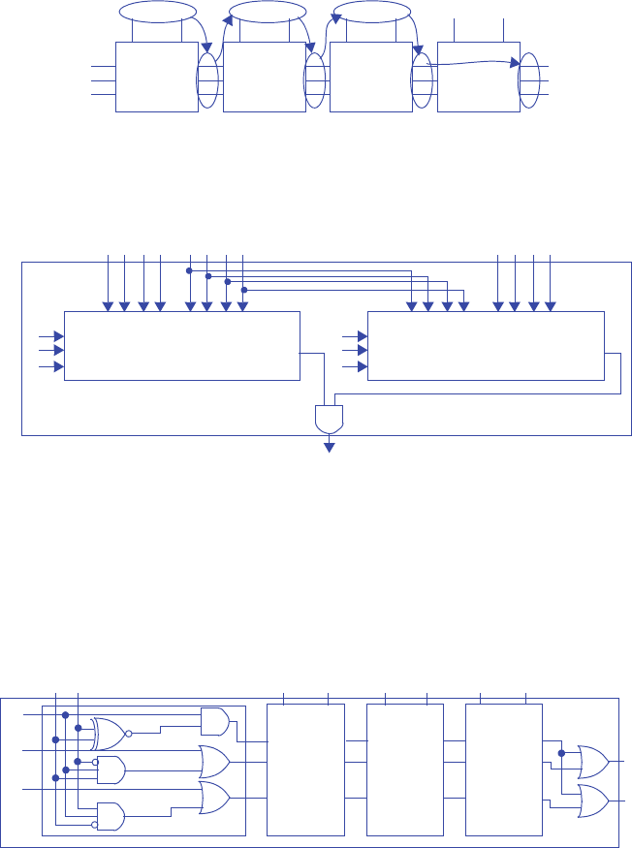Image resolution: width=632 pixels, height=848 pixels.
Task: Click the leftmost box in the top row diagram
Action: point(156,77)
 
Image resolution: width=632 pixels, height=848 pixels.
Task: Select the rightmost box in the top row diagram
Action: point(478,77)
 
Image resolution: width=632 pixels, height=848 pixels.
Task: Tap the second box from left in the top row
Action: point(264,77)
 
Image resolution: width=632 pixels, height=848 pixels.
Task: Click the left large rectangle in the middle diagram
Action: point(182,346)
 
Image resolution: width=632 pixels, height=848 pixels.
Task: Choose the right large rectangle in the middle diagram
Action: point(486,346)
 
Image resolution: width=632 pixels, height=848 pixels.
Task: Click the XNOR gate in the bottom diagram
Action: point(109,734)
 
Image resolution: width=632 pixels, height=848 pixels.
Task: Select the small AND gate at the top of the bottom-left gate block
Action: point(214,720)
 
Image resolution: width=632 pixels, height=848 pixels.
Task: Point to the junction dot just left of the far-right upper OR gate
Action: point(561,752)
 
